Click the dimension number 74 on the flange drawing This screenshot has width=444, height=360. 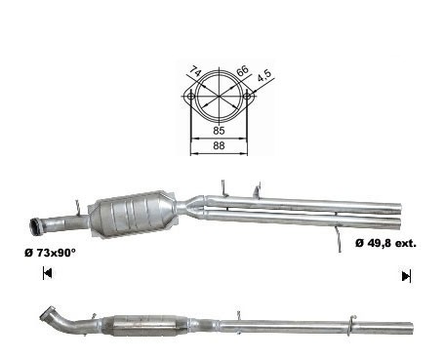pos(196,70)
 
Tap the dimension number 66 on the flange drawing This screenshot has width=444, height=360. pos(243,70)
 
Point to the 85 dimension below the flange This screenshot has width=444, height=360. pos(219,131)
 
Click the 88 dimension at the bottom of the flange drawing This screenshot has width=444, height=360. pos(219,145)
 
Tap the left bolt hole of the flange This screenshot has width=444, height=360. pos(191,97)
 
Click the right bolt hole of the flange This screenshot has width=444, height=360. pos(247,97)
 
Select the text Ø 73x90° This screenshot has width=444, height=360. pos(50,253)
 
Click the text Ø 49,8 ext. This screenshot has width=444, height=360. pos(385,243)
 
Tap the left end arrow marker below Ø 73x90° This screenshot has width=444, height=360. pos(47,273)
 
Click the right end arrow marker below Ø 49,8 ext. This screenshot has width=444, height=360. pos(406,276)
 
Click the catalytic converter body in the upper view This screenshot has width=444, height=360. pos(134,214)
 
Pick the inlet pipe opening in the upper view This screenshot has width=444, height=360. pos(35,226)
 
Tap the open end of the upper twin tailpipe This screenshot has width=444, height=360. pos(398,209)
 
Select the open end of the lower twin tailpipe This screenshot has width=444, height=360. pos(397,222)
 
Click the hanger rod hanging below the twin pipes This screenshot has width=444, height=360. pos(339,239)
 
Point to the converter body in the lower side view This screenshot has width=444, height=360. pos(143,325)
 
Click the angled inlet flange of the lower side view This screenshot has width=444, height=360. pos(46,312)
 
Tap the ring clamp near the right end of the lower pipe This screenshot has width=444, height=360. pos(350,325)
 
